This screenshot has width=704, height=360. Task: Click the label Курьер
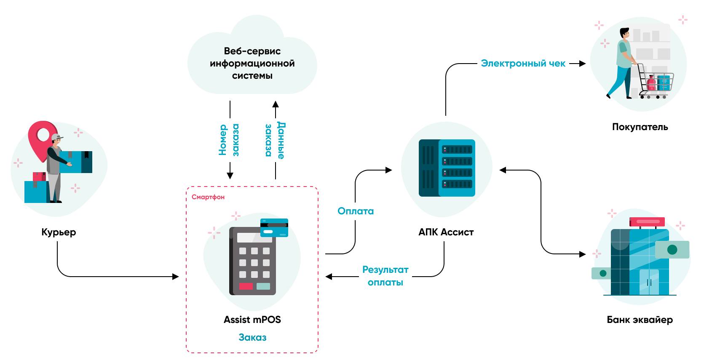click(59, 232)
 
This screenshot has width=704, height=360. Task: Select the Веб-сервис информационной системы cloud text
click(252, 63)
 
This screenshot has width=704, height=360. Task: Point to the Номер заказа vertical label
click(229, 140)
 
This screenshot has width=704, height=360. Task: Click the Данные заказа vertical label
click(275, 140)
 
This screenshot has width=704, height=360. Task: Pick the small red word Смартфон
click(208, 197)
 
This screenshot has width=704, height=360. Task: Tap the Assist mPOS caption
click(252, 320)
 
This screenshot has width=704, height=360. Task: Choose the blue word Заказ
click(252, 337)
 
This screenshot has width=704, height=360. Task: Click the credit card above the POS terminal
click(274, 228)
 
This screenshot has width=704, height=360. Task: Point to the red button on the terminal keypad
click(246, 286)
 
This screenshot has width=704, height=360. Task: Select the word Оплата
click(356, 211)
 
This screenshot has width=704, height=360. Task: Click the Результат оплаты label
click(385, 276)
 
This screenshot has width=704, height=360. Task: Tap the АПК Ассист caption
click(446, 232)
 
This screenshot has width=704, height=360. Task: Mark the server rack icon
click(447, 168)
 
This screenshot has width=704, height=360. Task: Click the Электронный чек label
click(523, 64)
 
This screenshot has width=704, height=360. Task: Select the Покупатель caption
click(640, 127)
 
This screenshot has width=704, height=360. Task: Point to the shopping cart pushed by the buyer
click(655, 82)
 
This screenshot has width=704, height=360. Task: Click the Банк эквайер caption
click(640, 320)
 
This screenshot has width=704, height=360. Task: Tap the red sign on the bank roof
click(647, 221)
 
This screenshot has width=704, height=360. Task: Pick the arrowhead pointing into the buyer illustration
click(583, 64)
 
